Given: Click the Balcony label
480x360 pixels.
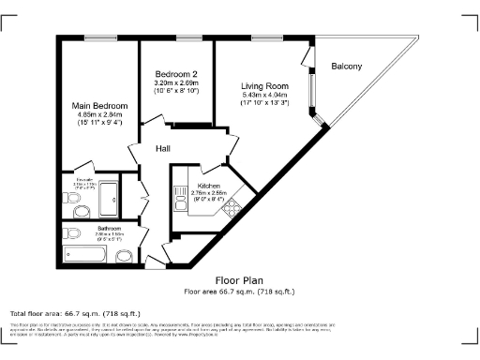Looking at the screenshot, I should point(347,66).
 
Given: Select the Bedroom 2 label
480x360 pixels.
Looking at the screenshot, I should point(175,74).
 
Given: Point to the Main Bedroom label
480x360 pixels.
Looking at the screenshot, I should point(100,106).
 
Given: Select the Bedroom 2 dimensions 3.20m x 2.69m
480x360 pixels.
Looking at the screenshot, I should point(175,82).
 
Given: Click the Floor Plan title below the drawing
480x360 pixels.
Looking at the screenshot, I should point(239,280).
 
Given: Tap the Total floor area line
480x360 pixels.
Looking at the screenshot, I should point(75,313).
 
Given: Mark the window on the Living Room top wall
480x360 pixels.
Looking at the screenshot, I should point(264,37).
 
